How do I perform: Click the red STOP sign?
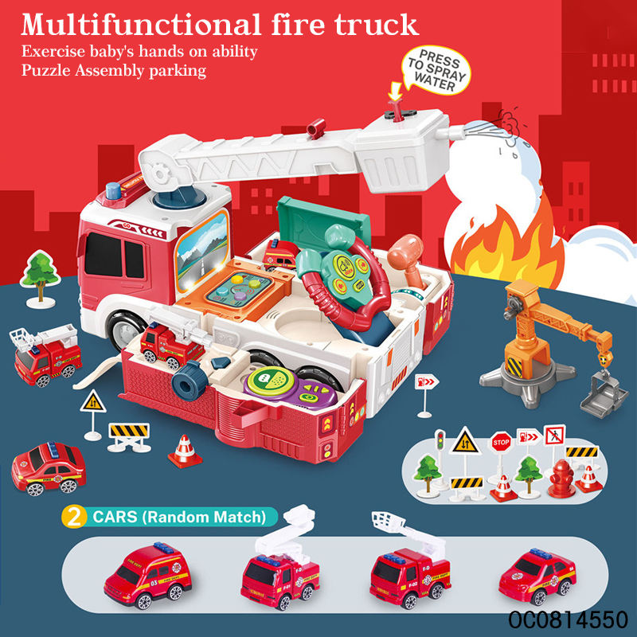(x=501, y=440)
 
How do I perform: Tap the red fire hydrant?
(x=561, y=478)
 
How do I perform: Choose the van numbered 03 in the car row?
(x=148, y=571)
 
